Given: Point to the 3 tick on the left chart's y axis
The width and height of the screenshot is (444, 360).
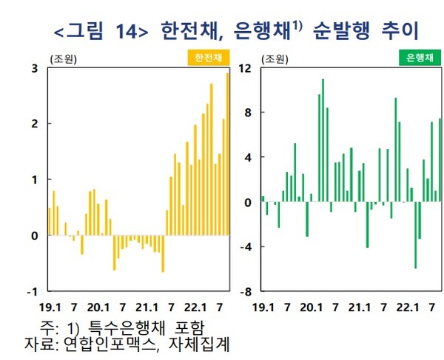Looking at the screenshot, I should pyautogui.click(x=35, y=68).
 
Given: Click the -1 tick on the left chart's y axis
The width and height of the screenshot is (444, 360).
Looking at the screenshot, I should pyautogui.click(x=33, y=292).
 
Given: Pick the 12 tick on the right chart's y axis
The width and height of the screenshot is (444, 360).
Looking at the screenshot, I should pyautogui.click(x=245, y=68).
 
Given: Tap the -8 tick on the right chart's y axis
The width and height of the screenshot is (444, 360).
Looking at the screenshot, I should pyautogui.click(x=245, y=292).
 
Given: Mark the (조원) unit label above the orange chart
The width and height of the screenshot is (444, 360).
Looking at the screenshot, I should pyautogui.click(x=64, y=58).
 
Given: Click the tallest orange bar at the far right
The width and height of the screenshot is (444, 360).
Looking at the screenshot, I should pyautogui.click(x=227, y=148).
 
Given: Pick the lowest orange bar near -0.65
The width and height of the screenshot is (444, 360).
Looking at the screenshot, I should pyautogui.click(x=163, y=253).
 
